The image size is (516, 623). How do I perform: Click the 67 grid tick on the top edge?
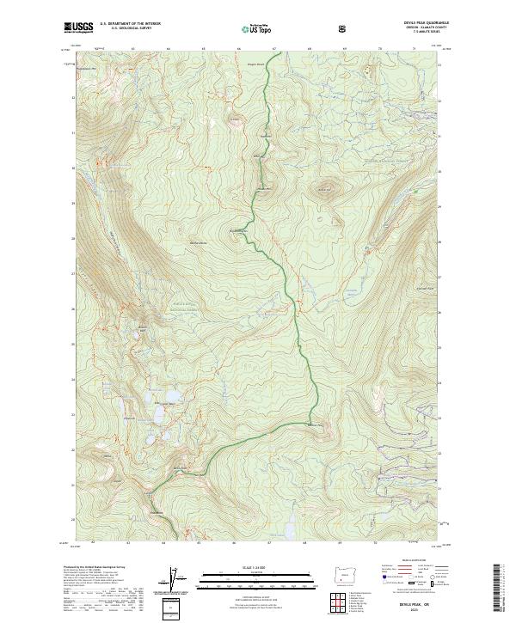pyautogui.click(x=273, y=45)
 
